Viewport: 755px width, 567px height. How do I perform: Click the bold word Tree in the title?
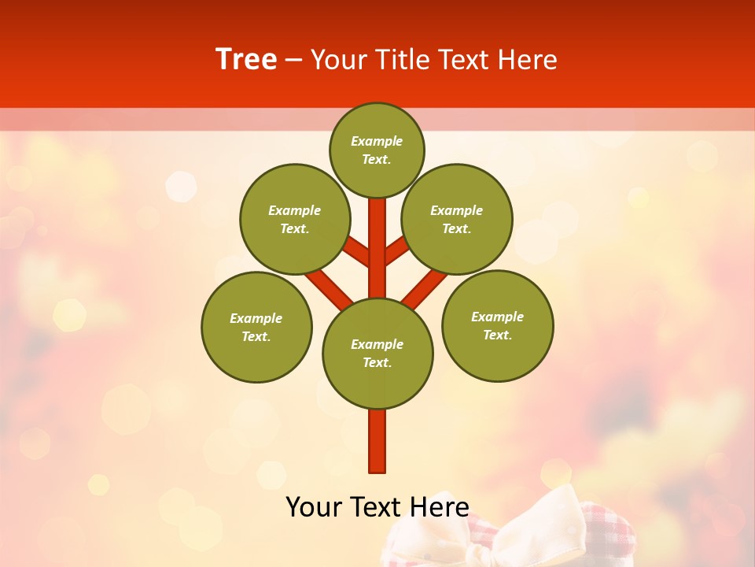246,59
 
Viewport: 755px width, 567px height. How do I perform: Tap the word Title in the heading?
400,60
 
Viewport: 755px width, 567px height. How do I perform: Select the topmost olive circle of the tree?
377,150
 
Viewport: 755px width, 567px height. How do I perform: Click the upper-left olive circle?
295,219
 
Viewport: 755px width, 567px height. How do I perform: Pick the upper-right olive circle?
457,219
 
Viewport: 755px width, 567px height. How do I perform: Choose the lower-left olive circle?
256,327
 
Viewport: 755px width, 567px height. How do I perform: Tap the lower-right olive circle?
498,325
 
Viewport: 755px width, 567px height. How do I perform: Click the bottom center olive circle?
377,353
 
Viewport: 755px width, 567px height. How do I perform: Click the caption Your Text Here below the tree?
377,506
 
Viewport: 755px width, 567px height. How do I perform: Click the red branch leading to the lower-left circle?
329,288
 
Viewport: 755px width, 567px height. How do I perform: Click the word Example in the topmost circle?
377,142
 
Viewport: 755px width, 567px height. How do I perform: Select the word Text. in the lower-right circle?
498,335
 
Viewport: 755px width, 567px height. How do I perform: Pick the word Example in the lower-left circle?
256,318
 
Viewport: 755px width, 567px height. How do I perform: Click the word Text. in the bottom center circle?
377,362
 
